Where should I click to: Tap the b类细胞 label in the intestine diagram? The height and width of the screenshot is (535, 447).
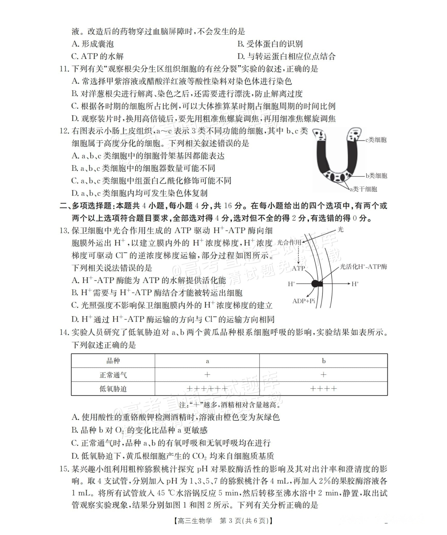pyautogui.click(x=376, y=176)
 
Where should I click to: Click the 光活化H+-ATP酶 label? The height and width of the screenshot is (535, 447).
pyautogui.click(x=363, y=267)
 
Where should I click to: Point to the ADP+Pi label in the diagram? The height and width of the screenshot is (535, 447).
pyautogui.click(x=304, y=301)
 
